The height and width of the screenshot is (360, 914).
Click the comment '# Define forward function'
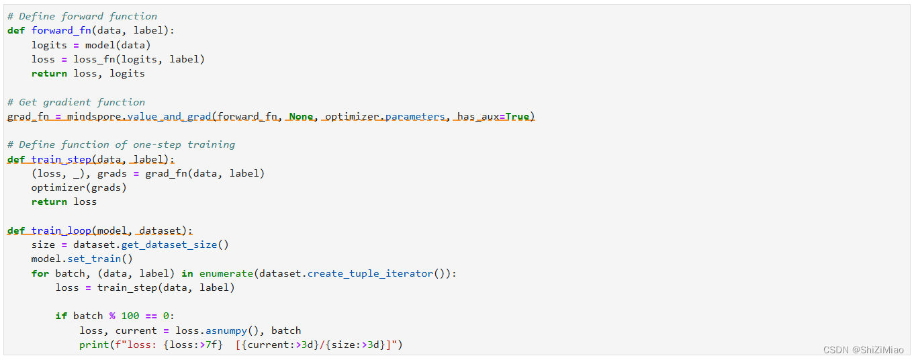[82, 16]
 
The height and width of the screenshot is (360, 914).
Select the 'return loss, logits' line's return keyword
[49, 73]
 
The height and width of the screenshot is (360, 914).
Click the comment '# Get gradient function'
[76, 102]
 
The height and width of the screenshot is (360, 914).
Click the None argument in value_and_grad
[301, 116]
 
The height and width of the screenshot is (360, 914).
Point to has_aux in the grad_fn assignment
[477, 116]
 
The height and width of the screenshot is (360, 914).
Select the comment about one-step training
[121, 144]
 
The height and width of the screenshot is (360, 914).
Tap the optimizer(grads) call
[79, 187]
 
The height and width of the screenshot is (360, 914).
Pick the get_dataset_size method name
[169, 244]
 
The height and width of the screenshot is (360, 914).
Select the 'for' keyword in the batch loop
[40, 273]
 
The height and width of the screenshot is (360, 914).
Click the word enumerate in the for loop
[226, 273]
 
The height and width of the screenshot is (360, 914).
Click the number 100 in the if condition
[130, 316]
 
